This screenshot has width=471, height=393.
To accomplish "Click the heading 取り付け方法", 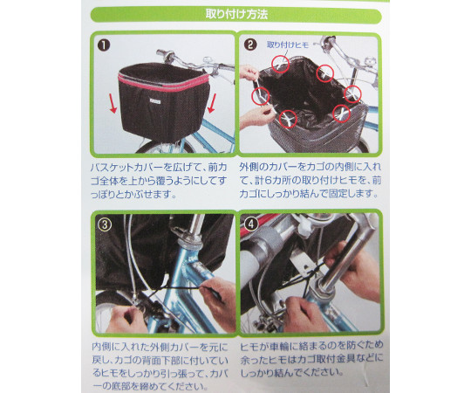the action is (236, 15).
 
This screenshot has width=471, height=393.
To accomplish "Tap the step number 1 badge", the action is (104, 45).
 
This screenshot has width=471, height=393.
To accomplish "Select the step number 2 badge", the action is (250, 45).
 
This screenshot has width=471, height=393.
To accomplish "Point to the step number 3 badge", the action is (105, 224).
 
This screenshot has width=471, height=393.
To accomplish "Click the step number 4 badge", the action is (251, 224).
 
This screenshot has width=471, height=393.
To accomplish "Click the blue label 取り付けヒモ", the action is (288, 45).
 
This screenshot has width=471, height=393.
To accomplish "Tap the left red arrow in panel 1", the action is (113, 104).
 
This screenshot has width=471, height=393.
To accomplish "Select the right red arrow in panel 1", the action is (212, 103).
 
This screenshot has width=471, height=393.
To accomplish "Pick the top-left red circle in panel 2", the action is (280, 64).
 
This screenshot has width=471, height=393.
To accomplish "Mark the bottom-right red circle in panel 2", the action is (342, 114).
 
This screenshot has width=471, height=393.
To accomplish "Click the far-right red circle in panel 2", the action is (352, 93).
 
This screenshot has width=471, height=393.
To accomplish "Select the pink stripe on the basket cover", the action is (163, 83).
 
